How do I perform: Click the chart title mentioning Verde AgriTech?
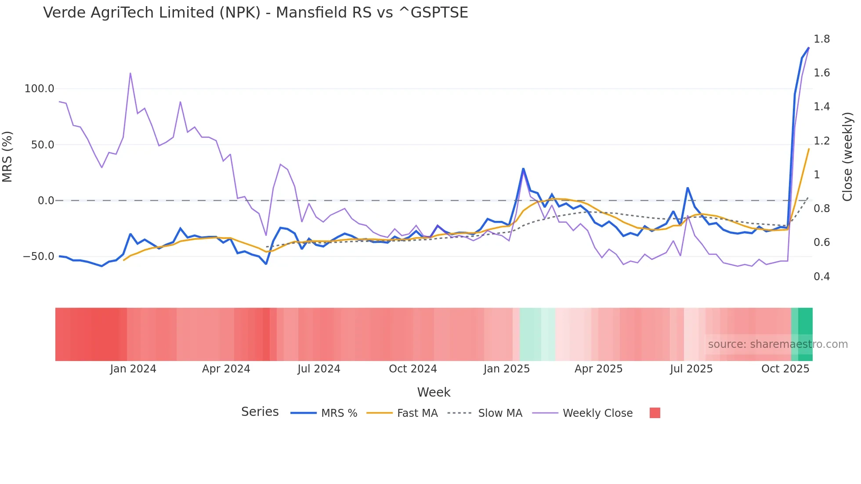pyautogui.click(x=256, y=13)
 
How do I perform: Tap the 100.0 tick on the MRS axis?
pyautogui.click(x=39, y=89)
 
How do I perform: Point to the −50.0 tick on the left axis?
pyautogui.click(x=39, y=256)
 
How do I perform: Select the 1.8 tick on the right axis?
pyautogui.click(x=821, y=39)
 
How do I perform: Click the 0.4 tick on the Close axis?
pyautogui.click(x=821, y=277)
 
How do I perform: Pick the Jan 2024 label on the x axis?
pyautogui.click(x=133, y=369)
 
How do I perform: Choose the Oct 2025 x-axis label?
pyautogui.click(x=785, y=369)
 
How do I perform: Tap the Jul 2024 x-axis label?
pyautogui.click(x=319, y=369)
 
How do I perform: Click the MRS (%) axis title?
pyautogui.click(x=7, y=157)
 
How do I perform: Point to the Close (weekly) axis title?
pyautogui.click(x=847, y=157)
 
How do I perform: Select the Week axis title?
pyautogui.click(x=434, y=392)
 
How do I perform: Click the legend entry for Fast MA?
pyautogui.click(x=417, y=413)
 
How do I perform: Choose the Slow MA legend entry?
pyautogui.click(x=500, y=413)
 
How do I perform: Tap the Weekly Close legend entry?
pyautogui.click(x=597, y=413)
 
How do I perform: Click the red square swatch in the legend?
pyautogui.click(x=655, y=413)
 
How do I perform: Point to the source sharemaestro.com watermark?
pyautogui.click(x=778, y=344)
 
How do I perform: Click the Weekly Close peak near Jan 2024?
pyautogui.click(x=130, y=73)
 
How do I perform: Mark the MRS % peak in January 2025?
pyautogui.click(x=523, y=169)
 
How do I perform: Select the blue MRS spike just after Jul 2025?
pyautogui.click(x=687, y=188)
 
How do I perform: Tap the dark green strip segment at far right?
pyautogui.click(x=805, y=334)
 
